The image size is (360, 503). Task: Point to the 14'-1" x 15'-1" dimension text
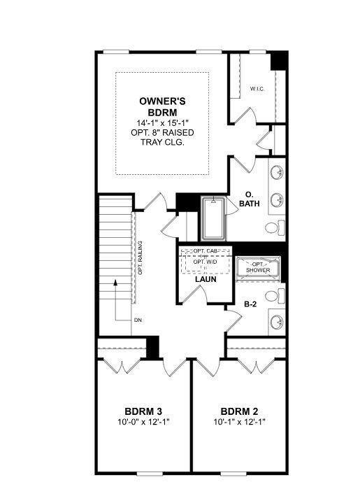coord(161,122)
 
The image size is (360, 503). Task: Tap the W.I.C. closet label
coord(257,89)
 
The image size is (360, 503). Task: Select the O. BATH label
coord(250,199)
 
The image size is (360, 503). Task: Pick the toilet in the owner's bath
coord(275,227)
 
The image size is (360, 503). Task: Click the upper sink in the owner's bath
coord(278,171)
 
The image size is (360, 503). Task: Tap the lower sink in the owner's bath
coord(278,199)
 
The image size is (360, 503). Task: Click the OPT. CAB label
coord(205,250)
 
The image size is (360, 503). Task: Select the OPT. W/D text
coord(205,263)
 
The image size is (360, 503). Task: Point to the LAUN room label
coord(205,279)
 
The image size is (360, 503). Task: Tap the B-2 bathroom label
coord(250,304)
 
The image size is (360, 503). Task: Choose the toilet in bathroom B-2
coord(275,296)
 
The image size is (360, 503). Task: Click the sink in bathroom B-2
coord(277,323)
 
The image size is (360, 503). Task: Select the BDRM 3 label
coord(144,411)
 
